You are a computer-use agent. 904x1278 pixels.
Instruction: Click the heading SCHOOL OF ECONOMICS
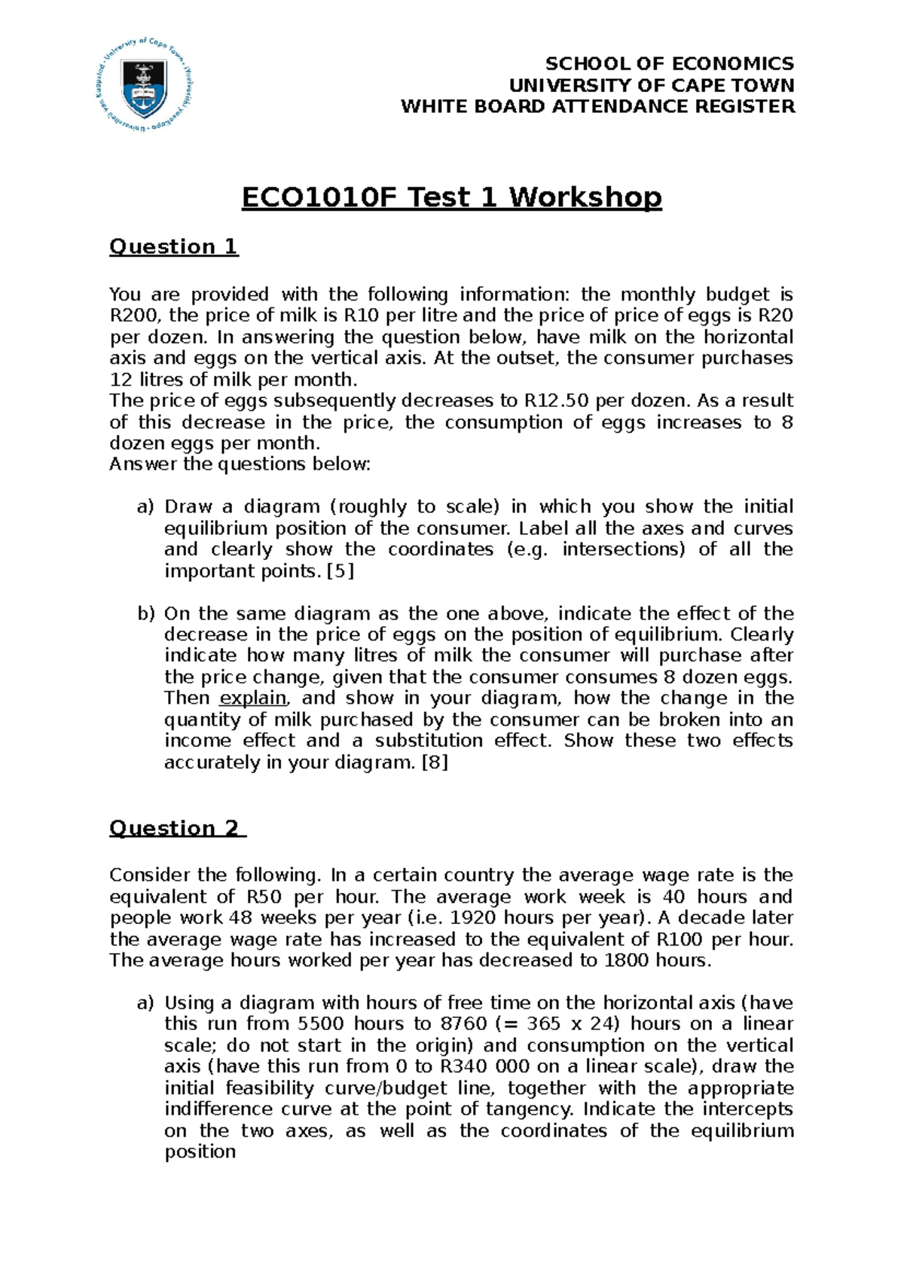coord(669,63)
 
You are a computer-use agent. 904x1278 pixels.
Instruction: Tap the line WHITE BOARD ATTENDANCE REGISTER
coord(597,106)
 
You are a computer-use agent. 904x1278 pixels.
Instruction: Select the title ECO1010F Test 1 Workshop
coord(451,197)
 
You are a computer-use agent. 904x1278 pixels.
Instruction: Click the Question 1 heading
coord(173,246)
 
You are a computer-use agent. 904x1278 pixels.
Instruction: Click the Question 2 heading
coord(177,828)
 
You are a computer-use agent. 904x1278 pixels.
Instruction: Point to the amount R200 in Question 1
coord(133,316)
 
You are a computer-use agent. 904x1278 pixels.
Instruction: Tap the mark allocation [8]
coord(435,762)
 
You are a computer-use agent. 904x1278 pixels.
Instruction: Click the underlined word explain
coord(253,698)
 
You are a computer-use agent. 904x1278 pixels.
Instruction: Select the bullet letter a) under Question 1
coord(145,506)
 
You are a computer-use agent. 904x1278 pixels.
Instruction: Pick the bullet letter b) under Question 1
coord(145,613)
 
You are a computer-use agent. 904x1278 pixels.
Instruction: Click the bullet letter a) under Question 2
coord(145,1003)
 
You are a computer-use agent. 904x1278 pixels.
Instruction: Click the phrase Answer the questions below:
coord(240,464)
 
